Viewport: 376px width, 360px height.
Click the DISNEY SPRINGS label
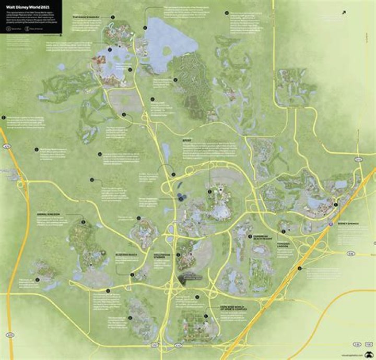[x=349, y=224]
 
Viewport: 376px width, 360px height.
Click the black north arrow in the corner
[x=345, y=11]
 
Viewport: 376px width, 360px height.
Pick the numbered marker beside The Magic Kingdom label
[x=112, y=17]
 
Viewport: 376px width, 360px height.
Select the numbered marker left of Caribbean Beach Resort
[x=249, y=236]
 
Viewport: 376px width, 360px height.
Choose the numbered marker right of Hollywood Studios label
[x=178, y=254]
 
